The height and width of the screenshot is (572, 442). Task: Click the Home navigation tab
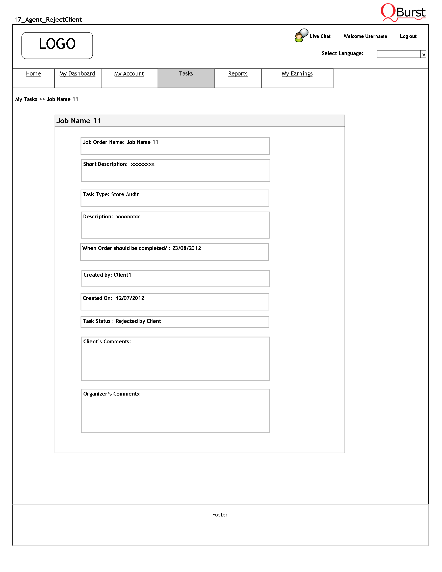33,74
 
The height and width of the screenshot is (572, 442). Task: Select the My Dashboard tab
77,74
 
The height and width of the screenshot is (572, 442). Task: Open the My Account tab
129,74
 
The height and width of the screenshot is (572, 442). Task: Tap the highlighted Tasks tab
186,74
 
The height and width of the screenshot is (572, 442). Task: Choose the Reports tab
238,74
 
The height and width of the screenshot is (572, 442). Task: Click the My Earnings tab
297,74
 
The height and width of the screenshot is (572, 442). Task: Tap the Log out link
408,36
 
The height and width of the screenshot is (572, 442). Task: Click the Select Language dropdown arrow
423,54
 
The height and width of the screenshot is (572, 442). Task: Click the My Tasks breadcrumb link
26,99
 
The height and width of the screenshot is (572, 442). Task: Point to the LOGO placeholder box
57,45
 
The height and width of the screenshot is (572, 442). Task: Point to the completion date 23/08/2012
187,248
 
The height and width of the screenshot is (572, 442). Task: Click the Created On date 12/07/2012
130,298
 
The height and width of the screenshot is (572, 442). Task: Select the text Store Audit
125,194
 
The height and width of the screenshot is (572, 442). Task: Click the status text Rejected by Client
138,321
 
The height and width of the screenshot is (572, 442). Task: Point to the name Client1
122,275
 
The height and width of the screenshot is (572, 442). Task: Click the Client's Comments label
107,342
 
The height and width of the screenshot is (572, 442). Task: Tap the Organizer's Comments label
112,394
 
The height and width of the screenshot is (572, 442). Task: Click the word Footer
220,515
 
